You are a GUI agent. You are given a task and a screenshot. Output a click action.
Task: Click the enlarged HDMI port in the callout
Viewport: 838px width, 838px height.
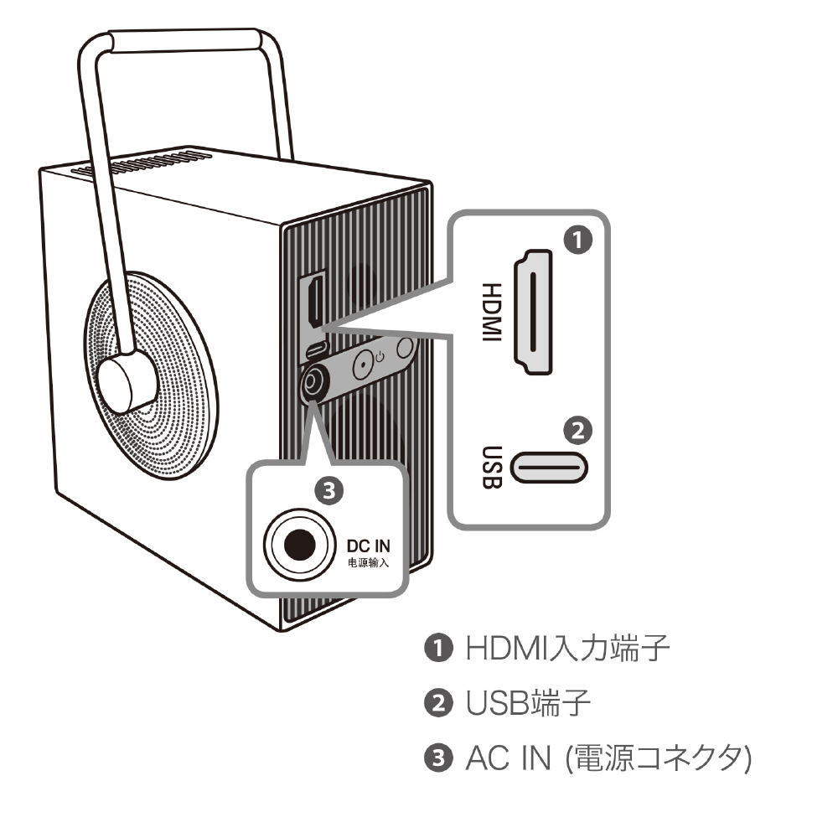coord(533,312)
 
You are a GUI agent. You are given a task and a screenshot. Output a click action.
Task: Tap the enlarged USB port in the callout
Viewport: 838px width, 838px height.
coord(549,468)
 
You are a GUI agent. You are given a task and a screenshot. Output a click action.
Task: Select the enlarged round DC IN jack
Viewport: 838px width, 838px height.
coord(300,545)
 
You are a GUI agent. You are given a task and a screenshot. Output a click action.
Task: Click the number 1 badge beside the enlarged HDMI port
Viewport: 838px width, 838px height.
coord(578,240)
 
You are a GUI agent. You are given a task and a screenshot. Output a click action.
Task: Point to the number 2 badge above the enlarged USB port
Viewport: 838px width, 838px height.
coord(577,430)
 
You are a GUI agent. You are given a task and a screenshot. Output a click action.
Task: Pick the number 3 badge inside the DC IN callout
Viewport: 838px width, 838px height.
coord(328,490)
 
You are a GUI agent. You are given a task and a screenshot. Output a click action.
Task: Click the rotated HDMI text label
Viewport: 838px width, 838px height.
coord(492,312)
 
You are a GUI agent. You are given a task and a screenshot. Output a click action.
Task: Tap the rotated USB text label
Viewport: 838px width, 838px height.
coord(492,468)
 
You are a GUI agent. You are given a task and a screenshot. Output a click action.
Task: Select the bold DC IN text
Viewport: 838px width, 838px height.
coord(368,546)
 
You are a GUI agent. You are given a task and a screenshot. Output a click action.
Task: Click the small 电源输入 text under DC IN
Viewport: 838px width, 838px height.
coord(368,562)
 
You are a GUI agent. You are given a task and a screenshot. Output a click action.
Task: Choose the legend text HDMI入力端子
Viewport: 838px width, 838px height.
coord(567,648)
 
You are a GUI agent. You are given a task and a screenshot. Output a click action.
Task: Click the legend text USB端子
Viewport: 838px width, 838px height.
coord(528,702)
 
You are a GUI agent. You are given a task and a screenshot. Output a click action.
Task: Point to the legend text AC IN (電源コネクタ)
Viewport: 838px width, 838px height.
coord(608,758)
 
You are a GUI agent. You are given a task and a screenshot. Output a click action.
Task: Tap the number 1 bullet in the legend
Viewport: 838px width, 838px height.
coord(439,648)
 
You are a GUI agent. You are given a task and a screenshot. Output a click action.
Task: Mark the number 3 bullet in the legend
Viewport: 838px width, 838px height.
coord(439,758)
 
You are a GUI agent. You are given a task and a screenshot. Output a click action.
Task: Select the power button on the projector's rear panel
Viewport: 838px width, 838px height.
coord(364,365)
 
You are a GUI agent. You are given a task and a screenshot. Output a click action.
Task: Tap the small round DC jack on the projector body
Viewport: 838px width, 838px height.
coord(312,383)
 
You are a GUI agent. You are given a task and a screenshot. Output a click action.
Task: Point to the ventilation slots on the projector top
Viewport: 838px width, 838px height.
coord(142,163)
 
